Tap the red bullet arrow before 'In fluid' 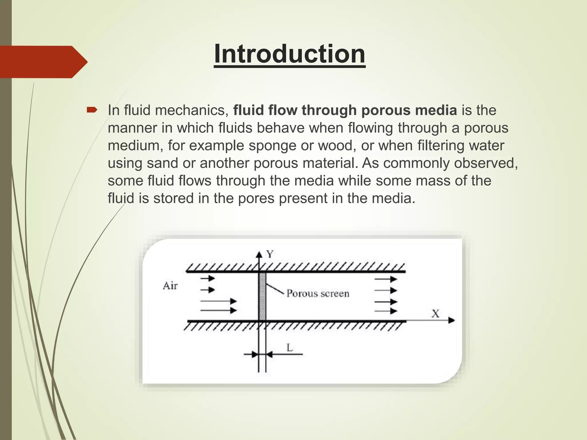tap(92, 110)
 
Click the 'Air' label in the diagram tap(170, 286)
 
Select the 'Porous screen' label tap(318, 293)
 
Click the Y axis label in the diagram tap(270, 254)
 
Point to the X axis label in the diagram tap(435, 314)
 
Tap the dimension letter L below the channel tap(289, 348)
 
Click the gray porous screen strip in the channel tap(262, 296)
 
